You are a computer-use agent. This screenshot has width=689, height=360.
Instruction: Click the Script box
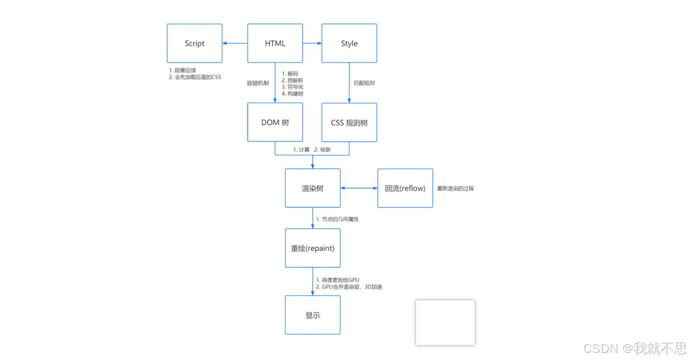click(x=194, y=44)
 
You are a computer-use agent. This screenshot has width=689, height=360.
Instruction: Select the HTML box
click(x=275, y=44)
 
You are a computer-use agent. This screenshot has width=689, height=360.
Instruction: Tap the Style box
click(x=349, y=44)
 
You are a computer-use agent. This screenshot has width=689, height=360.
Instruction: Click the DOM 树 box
click(x=275, y=122)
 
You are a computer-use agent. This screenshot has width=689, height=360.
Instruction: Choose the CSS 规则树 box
click(x=349, y=122)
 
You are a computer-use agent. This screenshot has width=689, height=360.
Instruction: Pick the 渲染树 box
click(x=312, y=188)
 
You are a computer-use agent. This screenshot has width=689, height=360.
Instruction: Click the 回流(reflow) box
click(x=405, y=188)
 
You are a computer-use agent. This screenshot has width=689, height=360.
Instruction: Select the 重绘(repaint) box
click(x=312, y=248)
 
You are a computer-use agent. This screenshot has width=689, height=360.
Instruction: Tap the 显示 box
click(x=312, y=315)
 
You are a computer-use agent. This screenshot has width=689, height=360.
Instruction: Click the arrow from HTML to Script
click(x=235, y=44)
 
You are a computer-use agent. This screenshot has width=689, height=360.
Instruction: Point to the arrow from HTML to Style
click(x=312, y=44)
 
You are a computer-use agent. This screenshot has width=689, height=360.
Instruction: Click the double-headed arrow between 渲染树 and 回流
click(x=359, y=188)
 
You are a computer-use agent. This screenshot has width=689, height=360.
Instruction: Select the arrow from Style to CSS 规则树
click(x=349, y=83)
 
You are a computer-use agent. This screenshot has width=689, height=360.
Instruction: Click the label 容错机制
click(x=258, y=83)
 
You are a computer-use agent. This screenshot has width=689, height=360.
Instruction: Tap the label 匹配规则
click(x=364, y=83)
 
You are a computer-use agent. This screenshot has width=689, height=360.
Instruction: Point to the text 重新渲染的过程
click(x=455, y=189)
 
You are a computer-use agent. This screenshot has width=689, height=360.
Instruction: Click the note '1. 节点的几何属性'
click(x=337, y=219)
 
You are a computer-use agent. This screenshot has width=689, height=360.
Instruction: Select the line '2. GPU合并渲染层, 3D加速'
click(x=349, y=287)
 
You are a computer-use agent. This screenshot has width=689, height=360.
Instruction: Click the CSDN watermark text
click(x=635, y=348)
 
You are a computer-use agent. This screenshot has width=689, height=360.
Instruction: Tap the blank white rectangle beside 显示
click(x=445, y=322)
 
